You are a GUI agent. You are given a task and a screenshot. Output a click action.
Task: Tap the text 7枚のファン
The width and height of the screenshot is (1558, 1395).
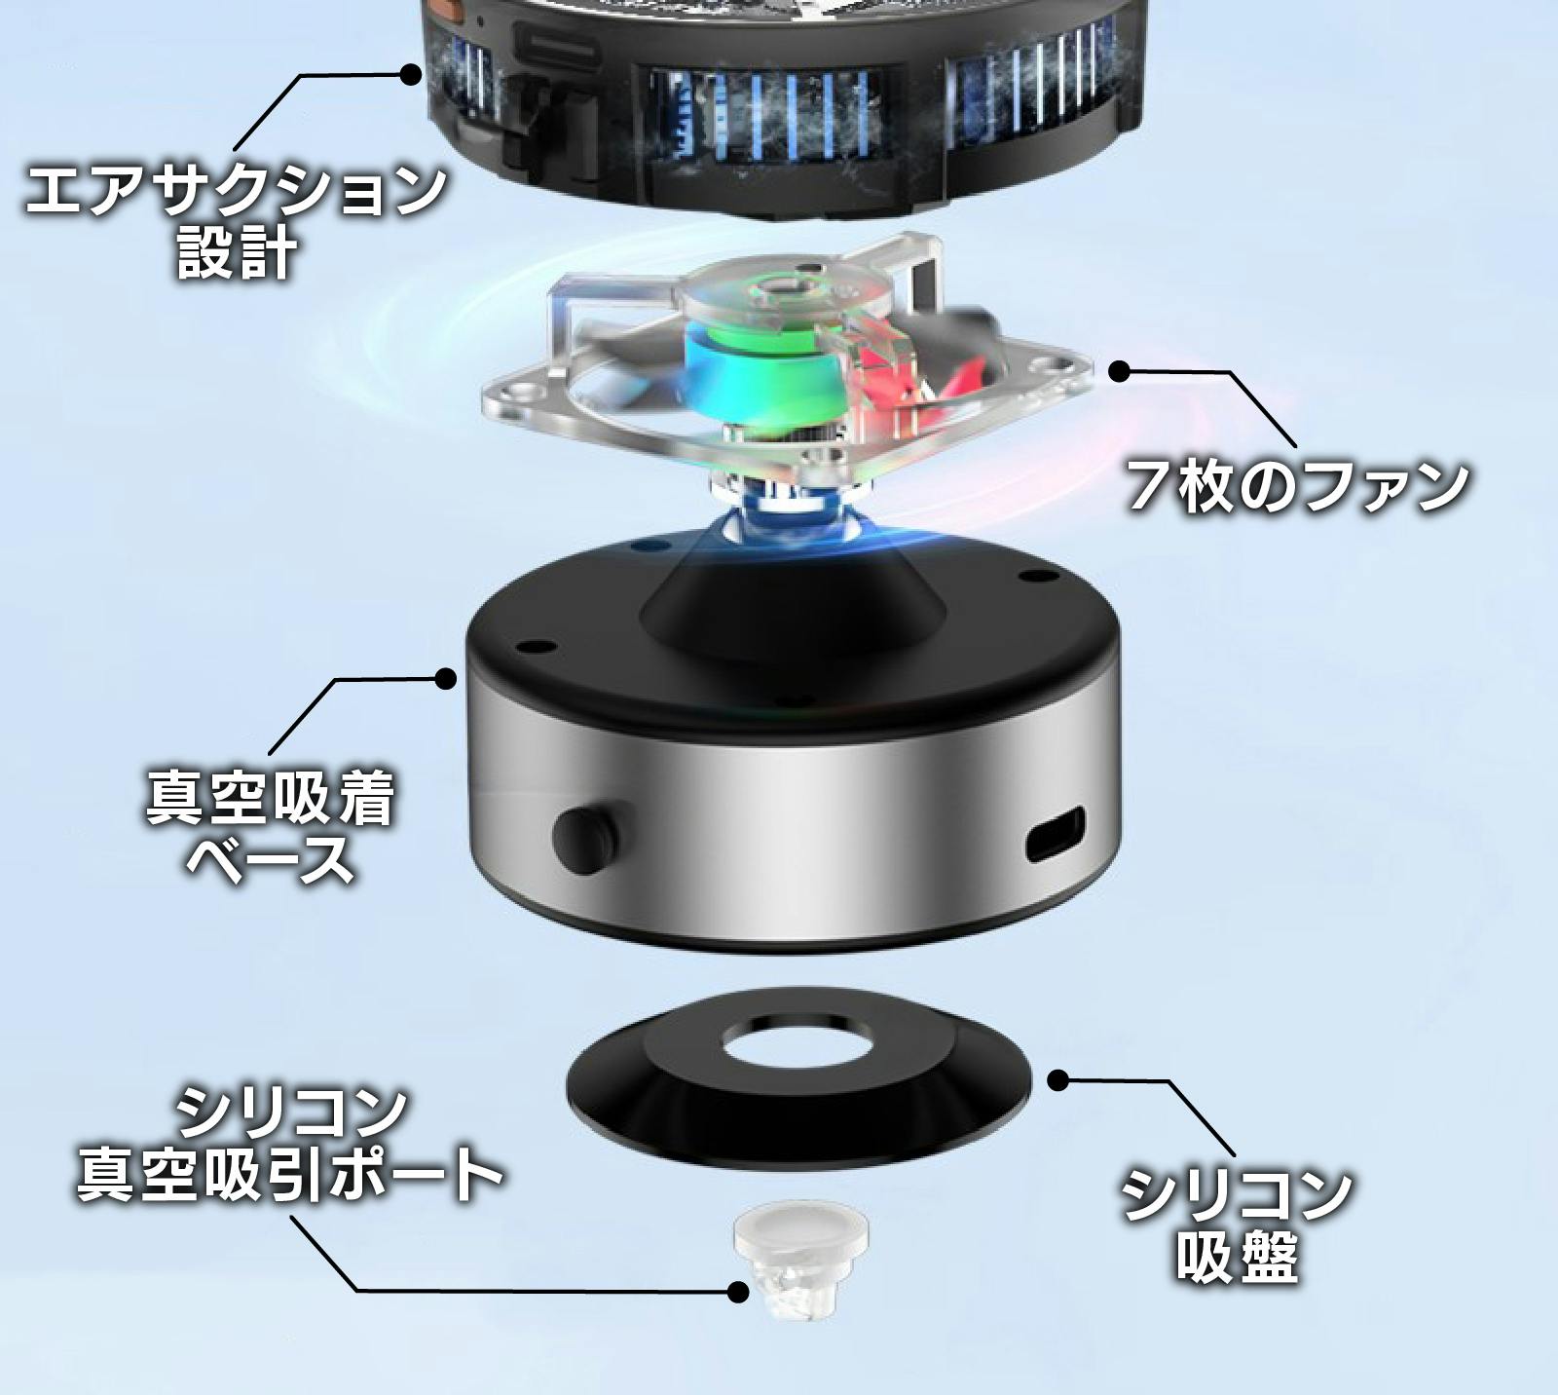(x=1296, y=486)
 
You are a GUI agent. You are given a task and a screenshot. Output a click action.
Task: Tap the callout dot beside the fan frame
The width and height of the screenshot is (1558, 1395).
(x=1121, y=371)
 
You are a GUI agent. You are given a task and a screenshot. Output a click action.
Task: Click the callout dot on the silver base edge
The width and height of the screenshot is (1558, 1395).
(x=446, y=679)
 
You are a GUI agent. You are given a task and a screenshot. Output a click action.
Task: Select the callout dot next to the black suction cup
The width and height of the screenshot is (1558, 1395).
(x=1058, y=1079)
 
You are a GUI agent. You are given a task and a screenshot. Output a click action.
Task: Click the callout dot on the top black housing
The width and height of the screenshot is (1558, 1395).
(x=412, y=73)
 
